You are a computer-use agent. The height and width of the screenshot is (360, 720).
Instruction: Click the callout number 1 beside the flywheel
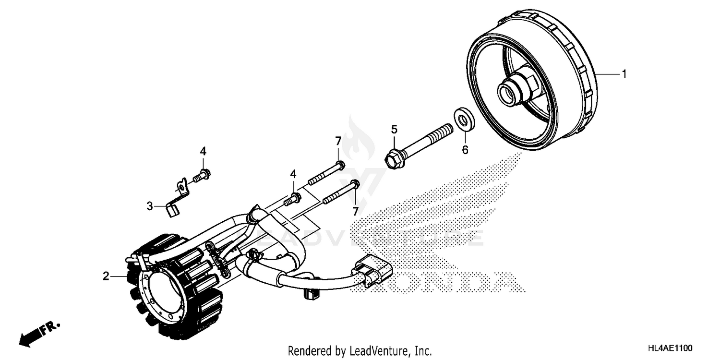click(x=624, y=74)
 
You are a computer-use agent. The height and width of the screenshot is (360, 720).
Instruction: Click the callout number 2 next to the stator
click(x=105, y=276)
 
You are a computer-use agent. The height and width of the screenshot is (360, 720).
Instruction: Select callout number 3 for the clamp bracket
click(x=150, y=206)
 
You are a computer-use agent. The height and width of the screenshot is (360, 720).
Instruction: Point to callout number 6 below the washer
click(x=465, y=150)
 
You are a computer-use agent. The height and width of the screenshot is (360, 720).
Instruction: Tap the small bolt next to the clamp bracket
click(x=202, y=176)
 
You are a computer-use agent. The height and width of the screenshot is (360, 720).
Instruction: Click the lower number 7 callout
click(x=355, y=211)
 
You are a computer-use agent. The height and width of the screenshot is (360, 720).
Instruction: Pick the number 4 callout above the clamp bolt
click(x=203, y=151)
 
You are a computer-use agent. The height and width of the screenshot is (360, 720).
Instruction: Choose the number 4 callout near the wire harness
click(x=292, y=173)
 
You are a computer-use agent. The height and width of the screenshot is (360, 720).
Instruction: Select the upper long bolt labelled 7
click(x=324, y=173)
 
